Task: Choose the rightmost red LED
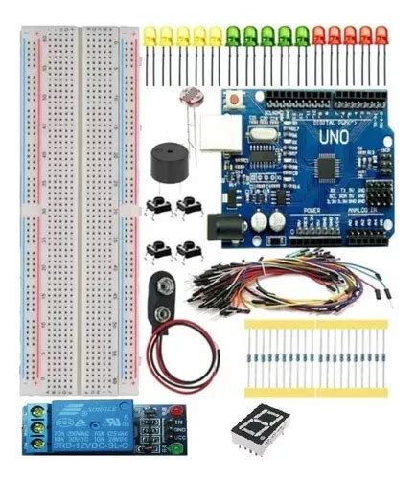click(x=381, y=37)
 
